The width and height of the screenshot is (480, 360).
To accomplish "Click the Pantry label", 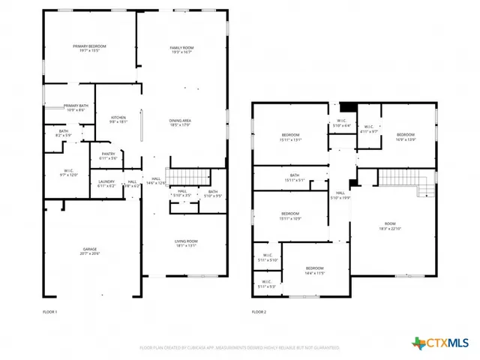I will click(x=107, y=156).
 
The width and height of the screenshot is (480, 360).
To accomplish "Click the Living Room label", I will click(x=185, y=243).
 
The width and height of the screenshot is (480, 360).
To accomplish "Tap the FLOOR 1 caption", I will click(x=49, y=311).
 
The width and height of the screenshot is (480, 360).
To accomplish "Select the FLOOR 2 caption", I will click(x=259, y=311).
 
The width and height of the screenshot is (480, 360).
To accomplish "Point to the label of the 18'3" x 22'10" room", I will click(x=389, y=226).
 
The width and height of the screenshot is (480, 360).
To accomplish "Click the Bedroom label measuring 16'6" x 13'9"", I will click(x=405, y=136).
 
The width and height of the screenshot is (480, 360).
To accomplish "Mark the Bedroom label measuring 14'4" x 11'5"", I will click(x=314, y=270).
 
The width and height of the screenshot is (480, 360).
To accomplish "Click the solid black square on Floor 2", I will click(x=345, y=107).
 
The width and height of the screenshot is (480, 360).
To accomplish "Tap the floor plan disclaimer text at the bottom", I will click(x=239, y=347).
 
